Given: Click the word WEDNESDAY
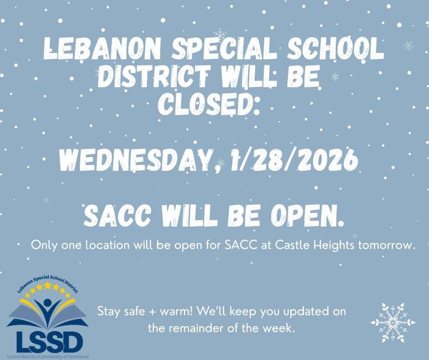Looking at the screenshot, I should [x=136, y=159].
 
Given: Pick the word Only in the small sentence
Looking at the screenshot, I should [x=44, y=246].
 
